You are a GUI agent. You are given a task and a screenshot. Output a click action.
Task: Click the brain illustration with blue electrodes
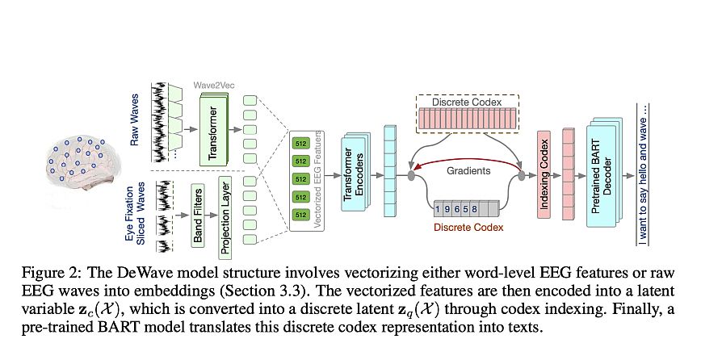[81, 165]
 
